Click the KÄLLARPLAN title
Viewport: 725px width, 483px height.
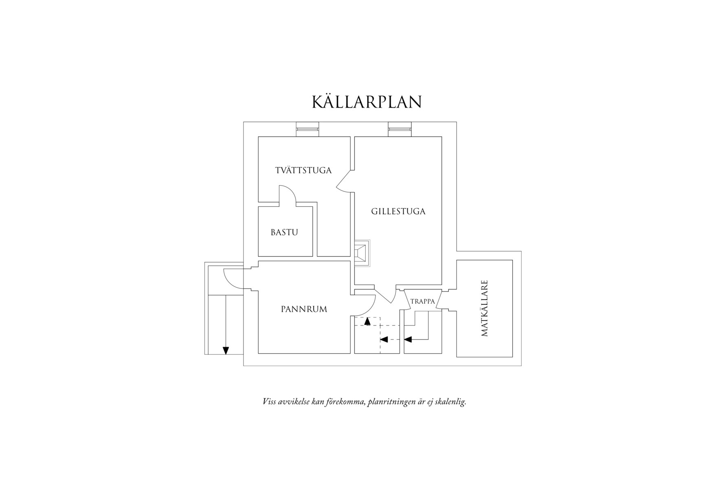coord(367,102)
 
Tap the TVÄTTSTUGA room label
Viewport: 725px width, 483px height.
coord(303,170)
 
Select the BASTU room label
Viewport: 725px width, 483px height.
coord(284,232)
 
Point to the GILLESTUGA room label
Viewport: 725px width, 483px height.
coord(398,212)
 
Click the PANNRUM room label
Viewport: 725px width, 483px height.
coord(304,309)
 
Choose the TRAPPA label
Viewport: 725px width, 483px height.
coord(423,302)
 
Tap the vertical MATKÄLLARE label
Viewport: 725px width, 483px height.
coord(484,308)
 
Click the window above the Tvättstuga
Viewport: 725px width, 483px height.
coord(307,129)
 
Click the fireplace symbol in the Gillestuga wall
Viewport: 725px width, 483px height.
coord(362,253)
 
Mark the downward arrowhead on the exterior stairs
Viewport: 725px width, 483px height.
coord(226,350)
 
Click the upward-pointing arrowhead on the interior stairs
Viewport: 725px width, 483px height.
coord(368,321)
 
